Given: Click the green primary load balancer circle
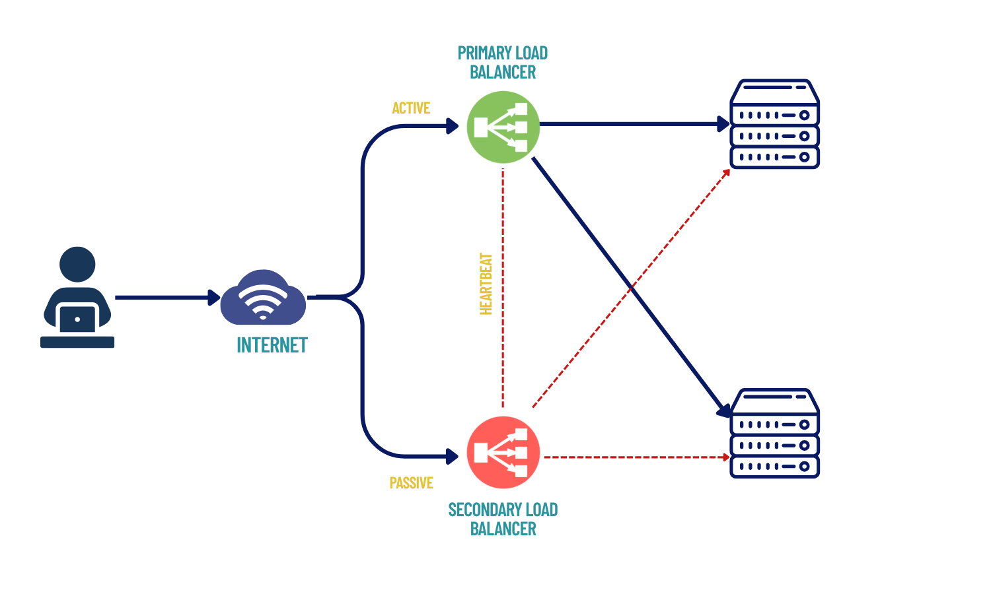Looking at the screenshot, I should point(503,127).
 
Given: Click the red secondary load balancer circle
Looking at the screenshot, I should point(503,453).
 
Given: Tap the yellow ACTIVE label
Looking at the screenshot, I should point(411,108).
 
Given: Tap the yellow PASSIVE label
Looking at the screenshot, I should point(411,483).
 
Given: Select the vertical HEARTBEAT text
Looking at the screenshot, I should point(486,284).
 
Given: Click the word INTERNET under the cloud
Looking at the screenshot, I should point(272,345).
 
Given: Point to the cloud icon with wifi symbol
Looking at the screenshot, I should point(263,298).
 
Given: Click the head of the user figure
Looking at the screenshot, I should point(77,264).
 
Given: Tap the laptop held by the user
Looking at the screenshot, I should point(77,319).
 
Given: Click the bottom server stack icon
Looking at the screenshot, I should point(774,434).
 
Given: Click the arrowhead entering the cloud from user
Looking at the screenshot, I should point(214,298).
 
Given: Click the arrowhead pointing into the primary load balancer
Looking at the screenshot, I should point(453,125).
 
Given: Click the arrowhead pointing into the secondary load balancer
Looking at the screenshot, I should point(453,456).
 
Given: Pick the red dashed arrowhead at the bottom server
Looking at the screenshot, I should point(726,457).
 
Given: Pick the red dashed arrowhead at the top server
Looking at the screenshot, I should point(726,172).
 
